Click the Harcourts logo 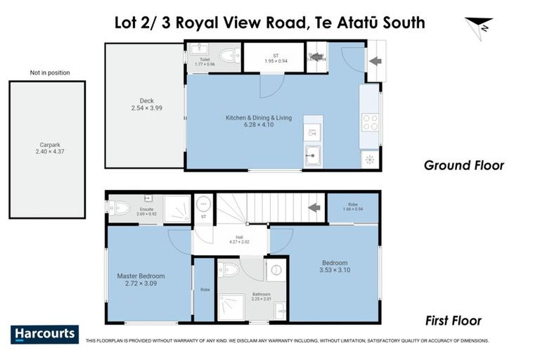pos(44,334)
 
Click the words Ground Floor pos(463,166)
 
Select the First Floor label pos(454,321)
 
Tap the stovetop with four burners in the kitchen pos(369,122)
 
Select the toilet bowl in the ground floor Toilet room pos(228,55)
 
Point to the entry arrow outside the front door pos(375,60)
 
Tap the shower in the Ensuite pos(176,208)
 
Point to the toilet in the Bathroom pos(229,268)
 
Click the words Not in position pos(49,72)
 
